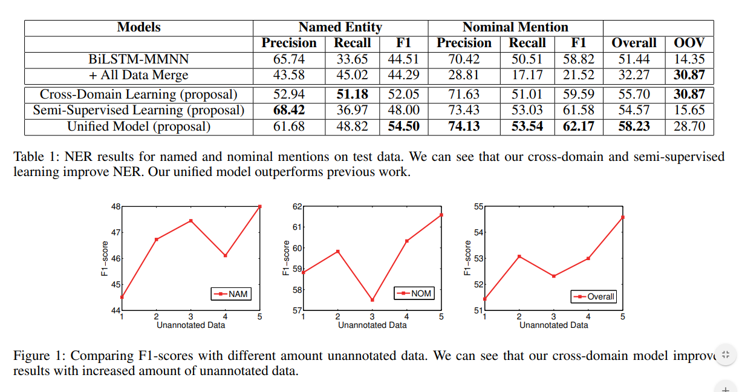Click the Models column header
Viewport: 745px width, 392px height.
138,27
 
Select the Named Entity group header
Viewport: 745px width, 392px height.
340,27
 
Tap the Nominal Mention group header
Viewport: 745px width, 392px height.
515,27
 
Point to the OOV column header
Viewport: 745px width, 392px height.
689,43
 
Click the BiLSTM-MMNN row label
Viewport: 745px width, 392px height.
138,59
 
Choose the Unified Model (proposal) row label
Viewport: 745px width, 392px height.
138,126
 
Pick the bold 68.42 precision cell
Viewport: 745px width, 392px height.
288,110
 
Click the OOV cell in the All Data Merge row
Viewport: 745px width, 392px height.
689,76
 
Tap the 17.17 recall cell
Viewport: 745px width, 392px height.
527,76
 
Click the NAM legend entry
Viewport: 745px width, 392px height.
231,294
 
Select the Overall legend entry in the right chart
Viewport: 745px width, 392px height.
594,296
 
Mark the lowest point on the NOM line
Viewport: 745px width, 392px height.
372,300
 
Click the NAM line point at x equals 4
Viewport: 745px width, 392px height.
225,255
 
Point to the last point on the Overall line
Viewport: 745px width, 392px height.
622,217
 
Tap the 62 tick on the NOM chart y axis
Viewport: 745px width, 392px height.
296,206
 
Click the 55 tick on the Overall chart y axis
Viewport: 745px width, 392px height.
478,206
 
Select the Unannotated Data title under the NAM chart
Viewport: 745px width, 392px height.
190,325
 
